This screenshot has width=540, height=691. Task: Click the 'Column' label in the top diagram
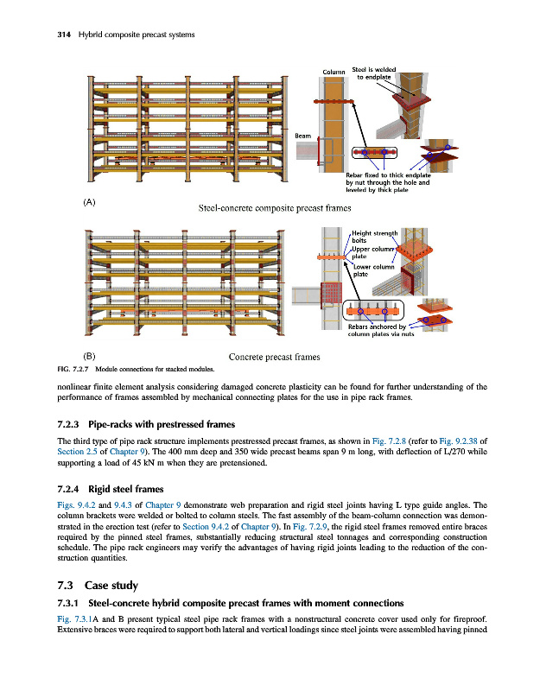(334, 71)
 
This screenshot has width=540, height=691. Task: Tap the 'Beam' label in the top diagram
(302, 135)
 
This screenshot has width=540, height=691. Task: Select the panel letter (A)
(89, 201)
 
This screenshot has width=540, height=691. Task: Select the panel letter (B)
(89, 356)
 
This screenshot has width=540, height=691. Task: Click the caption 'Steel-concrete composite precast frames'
(263, 207)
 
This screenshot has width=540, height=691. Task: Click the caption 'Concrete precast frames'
(275, 356)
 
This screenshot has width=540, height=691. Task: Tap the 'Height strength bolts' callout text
(374, 237)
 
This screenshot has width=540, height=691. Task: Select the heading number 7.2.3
(67, 425)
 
